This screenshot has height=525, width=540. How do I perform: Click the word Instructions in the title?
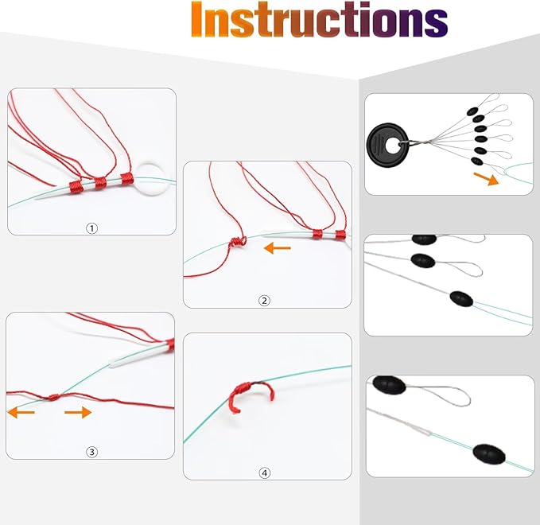click(319, 19)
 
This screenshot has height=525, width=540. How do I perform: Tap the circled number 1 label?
click(91, 228)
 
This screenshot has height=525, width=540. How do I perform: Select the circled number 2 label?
click(264, 301)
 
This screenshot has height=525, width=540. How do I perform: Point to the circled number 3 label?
click(91, 452)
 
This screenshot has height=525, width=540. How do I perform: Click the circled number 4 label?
click(264, 473)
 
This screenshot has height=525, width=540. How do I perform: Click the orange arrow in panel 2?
click(278, 247)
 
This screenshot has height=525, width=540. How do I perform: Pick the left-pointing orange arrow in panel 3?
click(21, 412)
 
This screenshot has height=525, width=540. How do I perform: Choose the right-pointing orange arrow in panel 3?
click(78, 412)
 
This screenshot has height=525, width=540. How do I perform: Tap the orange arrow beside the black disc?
click(486, 179)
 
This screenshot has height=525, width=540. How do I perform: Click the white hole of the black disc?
click(392, 146)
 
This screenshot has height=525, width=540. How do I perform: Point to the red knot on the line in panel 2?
click(238, 241)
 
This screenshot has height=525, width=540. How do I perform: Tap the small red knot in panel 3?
click(53, 397)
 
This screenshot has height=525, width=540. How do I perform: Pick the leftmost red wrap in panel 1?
click(76, 186)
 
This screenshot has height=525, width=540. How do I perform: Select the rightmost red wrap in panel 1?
click(126, 179)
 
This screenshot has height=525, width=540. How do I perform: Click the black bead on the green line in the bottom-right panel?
click(488, 454)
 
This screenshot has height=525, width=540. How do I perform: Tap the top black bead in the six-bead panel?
click(472, 111)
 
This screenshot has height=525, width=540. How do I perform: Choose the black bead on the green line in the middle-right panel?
click(461, 298)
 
